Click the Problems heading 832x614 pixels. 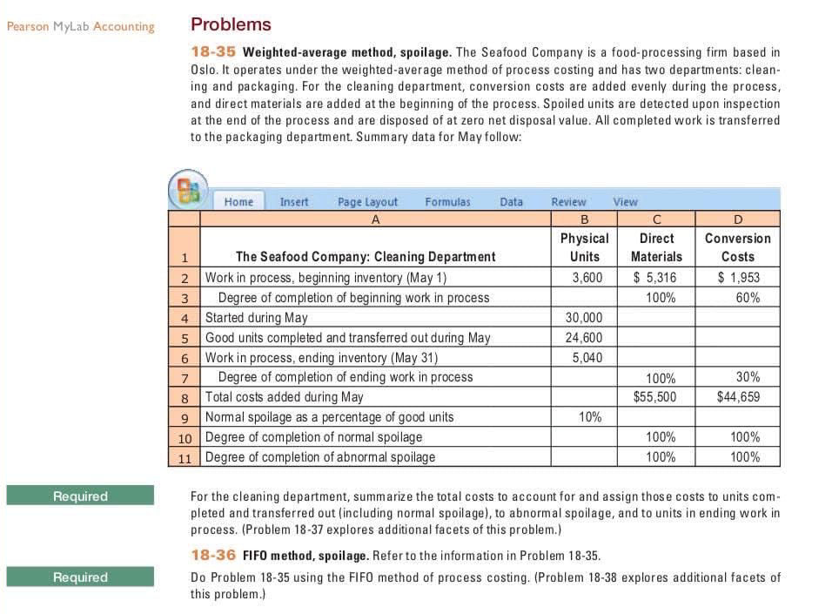click(x=231, y=24)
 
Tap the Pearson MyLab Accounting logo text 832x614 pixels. click(x=80, y=26)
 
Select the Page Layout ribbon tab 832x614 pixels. click(x=367, y=201)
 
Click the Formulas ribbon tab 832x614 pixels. click(x=447, y=201)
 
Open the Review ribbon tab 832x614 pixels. click(x=568, y=201)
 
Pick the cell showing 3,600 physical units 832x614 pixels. click(x=587, y=278)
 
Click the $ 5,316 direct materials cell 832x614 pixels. click(x=655, y=278)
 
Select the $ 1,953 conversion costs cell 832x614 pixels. click(x=738, y=278)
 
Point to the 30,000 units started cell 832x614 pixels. click(x=584, y=318)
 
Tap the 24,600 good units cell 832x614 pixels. click(x=584, y=338)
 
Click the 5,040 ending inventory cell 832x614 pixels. click(x=587, y=357)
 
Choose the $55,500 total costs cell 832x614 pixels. click(x=655, y=397)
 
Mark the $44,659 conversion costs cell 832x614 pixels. click(x=738, y=397)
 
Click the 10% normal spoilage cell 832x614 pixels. click(x=590, y=417)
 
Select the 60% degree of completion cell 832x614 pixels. click(x=747, y=298)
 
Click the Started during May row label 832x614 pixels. click(x=256, y=318)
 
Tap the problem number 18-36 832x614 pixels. click(x=213, y=556)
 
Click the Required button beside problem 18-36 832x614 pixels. click(x=80, y=577)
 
